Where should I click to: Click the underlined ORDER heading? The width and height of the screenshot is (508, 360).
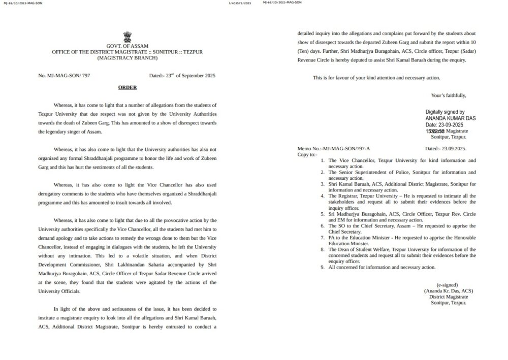128,87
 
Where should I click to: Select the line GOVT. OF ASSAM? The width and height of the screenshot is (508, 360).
127,46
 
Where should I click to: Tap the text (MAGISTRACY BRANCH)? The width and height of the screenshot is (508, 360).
127,58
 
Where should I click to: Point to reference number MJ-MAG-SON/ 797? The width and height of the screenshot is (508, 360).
64,76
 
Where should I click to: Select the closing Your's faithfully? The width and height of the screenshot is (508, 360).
448,95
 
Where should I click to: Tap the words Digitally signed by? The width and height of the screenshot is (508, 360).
445,112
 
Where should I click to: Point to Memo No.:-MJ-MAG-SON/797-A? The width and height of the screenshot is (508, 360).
334,149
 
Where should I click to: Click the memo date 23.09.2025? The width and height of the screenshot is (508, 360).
445,149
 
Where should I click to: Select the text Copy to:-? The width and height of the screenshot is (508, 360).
307,154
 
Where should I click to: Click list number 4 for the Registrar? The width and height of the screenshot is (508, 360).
323,195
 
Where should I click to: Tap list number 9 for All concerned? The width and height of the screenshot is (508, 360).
323,267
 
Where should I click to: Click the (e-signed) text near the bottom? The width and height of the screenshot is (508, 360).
448,285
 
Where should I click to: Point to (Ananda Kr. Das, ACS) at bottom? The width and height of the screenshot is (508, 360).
448,291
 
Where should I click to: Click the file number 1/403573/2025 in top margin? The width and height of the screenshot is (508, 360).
241,3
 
